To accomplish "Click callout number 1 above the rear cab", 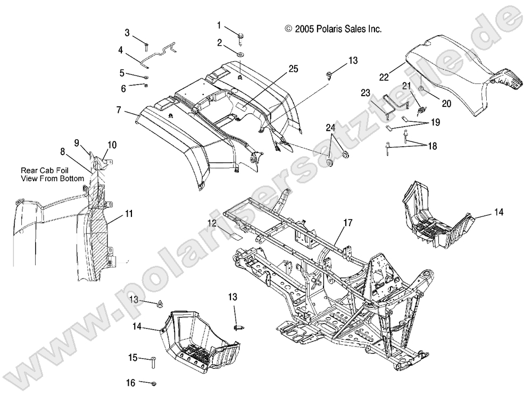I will (x=219, y=25).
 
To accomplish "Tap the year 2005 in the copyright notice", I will (x=306, y=30).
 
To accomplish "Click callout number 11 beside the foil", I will (x=129, y=214).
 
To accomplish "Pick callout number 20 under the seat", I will (x=446, y=104).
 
